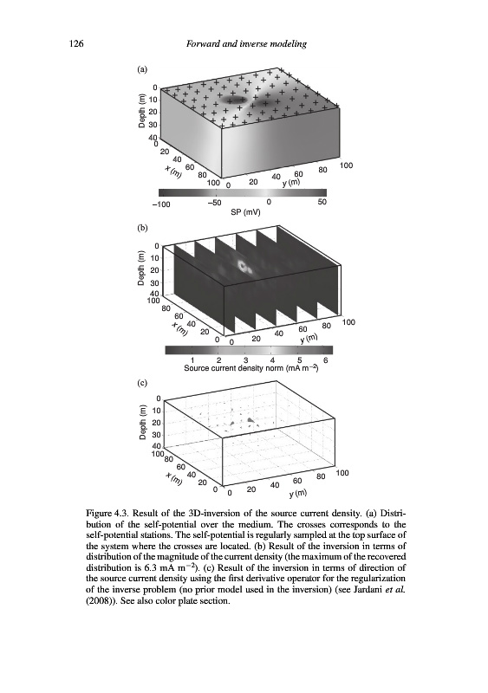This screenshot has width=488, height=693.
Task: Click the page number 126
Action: (76, 43)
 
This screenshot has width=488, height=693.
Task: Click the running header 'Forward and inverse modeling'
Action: (246, 44)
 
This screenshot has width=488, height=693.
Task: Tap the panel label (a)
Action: (142, 69)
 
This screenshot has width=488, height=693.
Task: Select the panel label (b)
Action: (142, 228)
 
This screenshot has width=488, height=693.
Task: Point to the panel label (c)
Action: (142, 383)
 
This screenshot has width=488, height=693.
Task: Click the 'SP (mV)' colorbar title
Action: (245, 212)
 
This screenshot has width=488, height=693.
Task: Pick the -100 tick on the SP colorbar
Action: (161, 204)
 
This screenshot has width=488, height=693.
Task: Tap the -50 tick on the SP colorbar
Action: (215, 203)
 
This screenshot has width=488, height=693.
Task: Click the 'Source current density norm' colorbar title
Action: (251, 367)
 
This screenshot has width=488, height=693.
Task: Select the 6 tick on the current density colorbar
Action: (326, 360)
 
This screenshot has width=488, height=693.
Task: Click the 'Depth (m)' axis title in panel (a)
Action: (141, 111)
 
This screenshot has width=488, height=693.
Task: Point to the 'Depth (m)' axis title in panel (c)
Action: (142, 422)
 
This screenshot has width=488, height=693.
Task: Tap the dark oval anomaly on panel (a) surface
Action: (234, 99)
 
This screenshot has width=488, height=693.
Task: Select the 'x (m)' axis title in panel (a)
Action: (173, 171)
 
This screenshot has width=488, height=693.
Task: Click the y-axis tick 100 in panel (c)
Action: (342, 473)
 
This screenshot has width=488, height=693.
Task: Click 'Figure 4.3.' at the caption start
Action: (107, 514)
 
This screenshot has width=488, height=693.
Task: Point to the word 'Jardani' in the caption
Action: (380, 589)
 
